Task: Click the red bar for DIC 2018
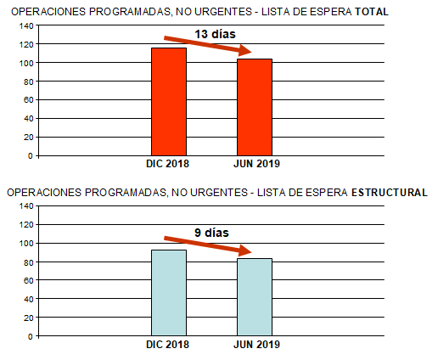[168, 102]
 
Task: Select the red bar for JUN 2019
[255, 107]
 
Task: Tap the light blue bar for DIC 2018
[168, 292]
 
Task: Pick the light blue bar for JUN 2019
[255, 296]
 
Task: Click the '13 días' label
[215, 34]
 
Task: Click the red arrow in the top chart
[207, 46]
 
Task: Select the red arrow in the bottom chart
[208, 244]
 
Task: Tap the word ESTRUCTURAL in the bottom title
[389, 193]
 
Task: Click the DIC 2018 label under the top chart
[167, 164]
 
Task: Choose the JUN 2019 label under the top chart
[256, 164]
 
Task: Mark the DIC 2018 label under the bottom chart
[167, 345]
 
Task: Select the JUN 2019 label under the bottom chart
[256, 345]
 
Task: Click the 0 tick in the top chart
[30, 156]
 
